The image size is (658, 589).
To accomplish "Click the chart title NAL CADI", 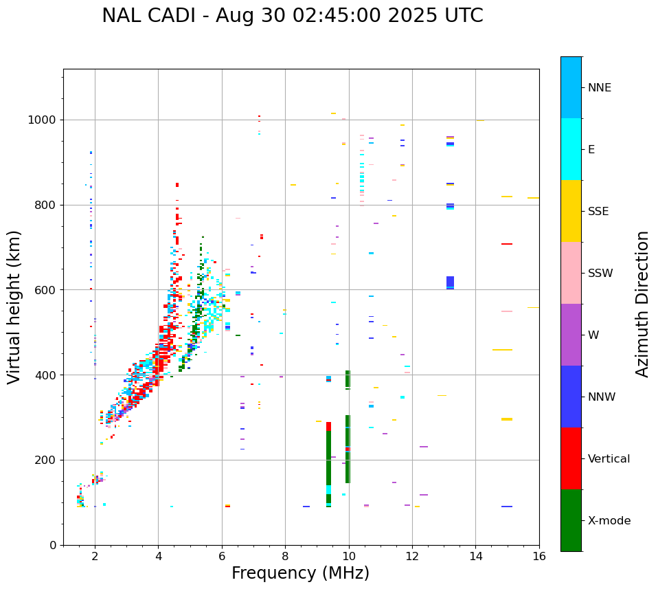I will click(292, 16).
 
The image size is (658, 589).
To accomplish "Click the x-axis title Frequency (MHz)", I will click(300, 573).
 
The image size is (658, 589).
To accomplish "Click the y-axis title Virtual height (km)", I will click(14, 307).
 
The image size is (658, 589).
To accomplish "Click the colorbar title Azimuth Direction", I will click(642, 304).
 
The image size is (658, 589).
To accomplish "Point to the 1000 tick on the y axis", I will click(45, 120).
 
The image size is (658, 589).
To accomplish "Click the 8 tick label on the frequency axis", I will click(285, 557).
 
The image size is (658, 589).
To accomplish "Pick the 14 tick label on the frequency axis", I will click(475, 557).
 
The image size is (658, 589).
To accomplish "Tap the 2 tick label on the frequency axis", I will click(95, 557).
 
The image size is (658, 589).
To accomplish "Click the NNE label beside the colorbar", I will click(599, 88).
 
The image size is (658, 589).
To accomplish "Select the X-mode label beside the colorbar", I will click(609, 521).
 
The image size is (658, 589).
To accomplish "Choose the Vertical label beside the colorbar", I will click(609, 459).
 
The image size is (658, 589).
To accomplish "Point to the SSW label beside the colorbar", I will click(600, 274).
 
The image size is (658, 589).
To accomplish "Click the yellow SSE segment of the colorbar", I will click(571, 211).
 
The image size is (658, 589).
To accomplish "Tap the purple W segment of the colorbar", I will click(571, 335).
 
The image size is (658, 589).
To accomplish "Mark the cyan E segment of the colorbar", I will click(571, 149).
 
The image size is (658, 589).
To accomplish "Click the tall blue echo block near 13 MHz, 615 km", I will click(450, 282).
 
